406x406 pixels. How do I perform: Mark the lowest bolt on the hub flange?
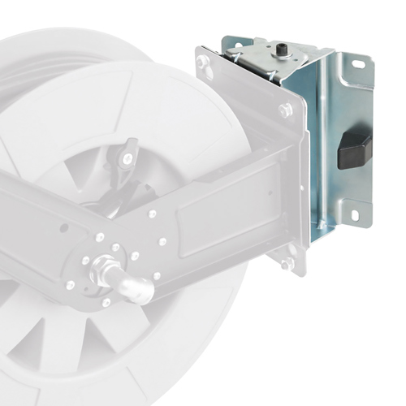(x=106, y=302)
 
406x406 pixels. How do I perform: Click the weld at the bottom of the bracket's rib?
(x=322, y=229)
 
